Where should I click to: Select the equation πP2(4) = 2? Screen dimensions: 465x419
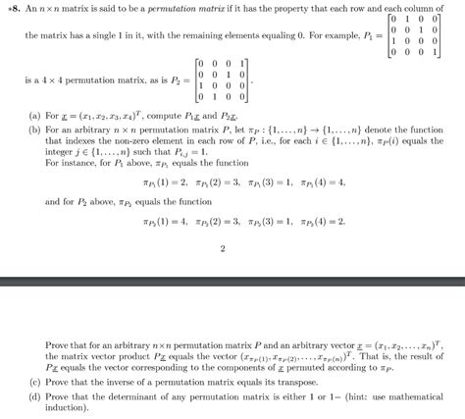[317, 222]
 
